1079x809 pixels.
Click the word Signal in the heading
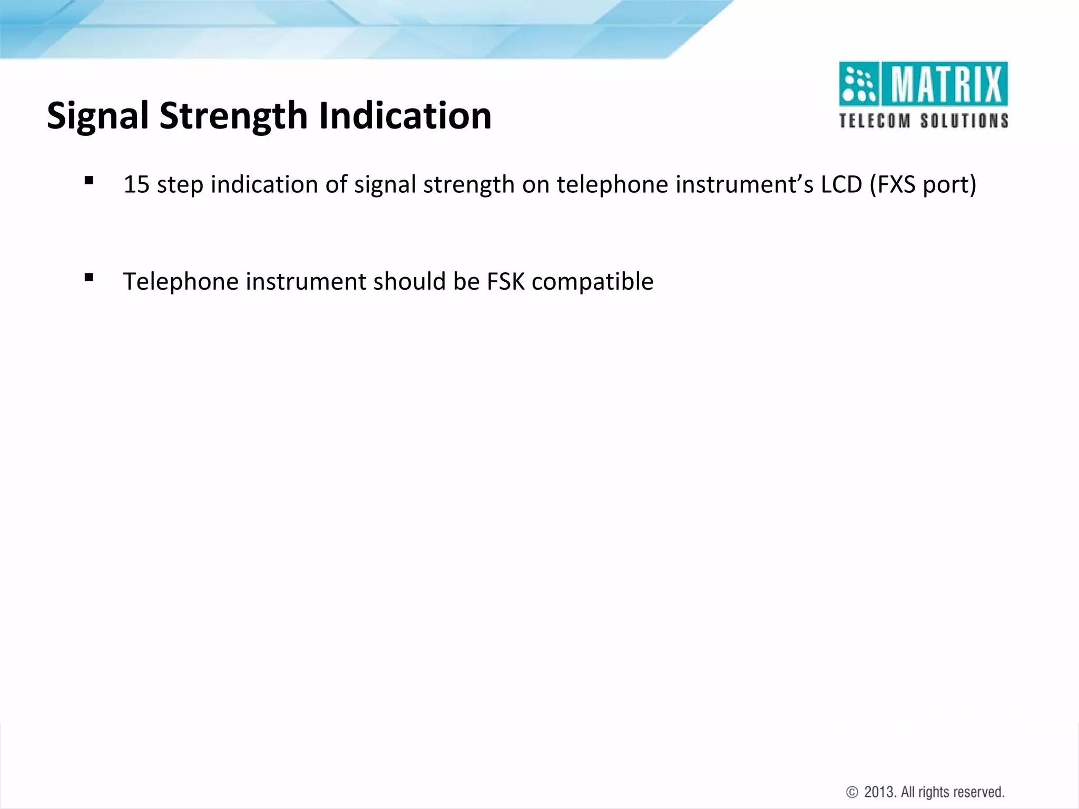click(x=97, y=116)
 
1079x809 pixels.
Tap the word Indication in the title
click(x=405, y=116)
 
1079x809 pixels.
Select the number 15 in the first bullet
click(x=136, y=185)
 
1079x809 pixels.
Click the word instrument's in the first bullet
click(x=744, y=185)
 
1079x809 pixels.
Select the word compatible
click(x=593, y=282)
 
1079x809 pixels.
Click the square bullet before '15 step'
click(x=89, y=181)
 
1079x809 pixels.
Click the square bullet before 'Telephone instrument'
click(x=89, y=278)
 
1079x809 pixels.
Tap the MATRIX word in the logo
click(x=945, y=85)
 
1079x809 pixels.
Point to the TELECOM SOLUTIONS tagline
click(x=923, y=121)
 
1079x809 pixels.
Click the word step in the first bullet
click(x=179, y=185)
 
